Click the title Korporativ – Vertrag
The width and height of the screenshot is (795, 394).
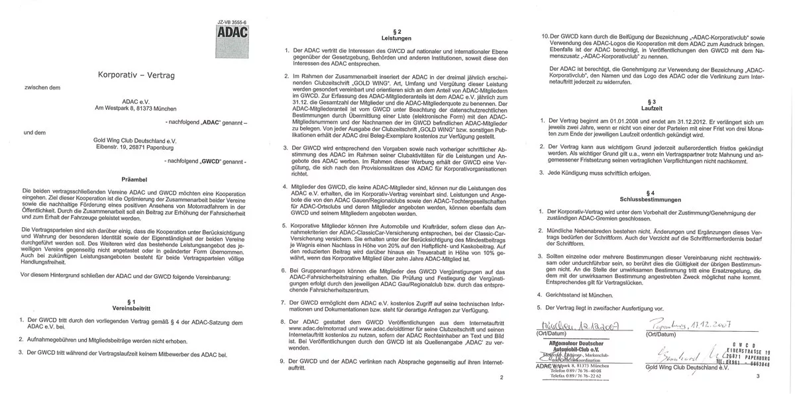(x=136, y=76)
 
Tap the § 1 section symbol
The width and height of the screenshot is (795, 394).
(x=131, y=301)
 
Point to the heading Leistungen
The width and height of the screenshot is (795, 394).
(x=395, y=38)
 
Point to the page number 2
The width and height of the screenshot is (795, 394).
(x=502, y=377)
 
